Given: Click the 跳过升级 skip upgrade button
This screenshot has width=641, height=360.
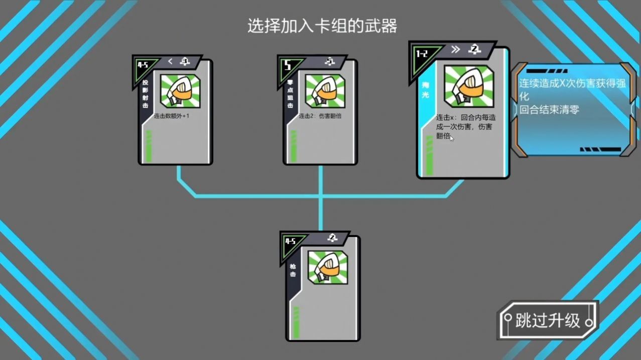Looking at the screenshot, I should [x=548, y=320].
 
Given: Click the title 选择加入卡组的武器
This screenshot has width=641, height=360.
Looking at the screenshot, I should [x=322, y=26].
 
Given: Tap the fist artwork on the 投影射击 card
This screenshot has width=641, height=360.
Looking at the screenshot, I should [x=180, y=91].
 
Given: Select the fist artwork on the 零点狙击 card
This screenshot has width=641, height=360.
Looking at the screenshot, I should [x=325, y=91].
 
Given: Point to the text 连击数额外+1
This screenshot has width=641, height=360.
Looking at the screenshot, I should [x=172, y=116].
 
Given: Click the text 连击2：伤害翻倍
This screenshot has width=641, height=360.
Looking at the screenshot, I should [x=320, y=116].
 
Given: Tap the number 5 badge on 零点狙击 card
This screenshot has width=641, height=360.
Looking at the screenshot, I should [x=288, y=66].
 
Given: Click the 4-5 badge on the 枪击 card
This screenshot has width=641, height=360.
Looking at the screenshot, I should [x=291, y=242].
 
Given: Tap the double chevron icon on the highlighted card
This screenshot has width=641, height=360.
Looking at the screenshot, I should [x=455, y=49].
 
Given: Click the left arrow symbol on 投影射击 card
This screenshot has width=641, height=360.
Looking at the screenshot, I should [x=170, y=61].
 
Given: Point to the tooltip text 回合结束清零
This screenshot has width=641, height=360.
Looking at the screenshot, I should [x=549, y=109].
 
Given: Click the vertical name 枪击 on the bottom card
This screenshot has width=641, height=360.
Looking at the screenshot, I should [x=293, y=271].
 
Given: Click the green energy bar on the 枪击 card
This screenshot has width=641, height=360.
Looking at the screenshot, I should [x=296, y=323].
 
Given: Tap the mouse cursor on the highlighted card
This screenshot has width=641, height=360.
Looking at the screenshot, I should [x=452, y=139].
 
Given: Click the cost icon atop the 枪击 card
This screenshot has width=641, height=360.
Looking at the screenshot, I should [x=332, y=238].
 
